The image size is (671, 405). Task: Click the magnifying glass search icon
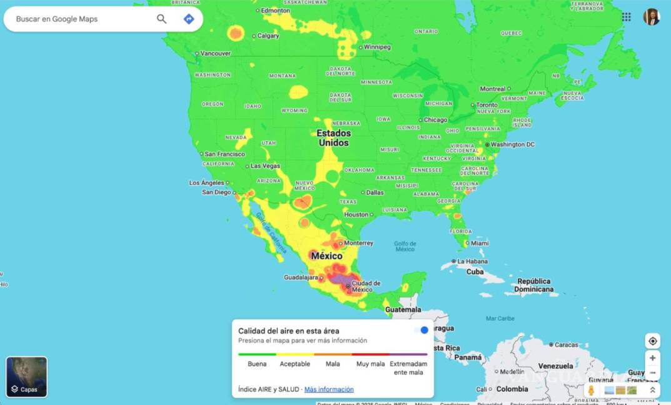pos(161,19)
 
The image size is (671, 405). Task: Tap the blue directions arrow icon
pos(189,19)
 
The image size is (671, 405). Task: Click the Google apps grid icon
pos(626,17)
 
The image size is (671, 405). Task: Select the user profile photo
pos(652,17)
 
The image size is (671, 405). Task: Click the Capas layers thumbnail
pos(27,377)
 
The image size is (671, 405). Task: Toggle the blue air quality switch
pos(421,330)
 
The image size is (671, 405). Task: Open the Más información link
pos(329,389)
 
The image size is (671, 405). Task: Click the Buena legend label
pos(257,364)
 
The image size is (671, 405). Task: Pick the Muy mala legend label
pos(370,364)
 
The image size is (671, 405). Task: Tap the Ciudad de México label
pos(366,286)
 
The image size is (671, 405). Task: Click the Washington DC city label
pos(513,144)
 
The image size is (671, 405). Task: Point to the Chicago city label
pos(436,120)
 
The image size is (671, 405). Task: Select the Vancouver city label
pos(216,54)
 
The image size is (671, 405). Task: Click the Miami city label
pos(480,243)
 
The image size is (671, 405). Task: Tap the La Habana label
pos(472,261)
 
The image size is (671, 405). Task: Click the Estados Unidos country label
pos(334,138)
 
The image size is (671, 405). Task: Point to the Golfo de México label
pos(405,246)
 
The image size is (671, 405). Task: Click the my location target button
pos(653,341)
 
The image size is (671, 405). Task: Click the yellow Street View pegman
pos(591,391)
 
